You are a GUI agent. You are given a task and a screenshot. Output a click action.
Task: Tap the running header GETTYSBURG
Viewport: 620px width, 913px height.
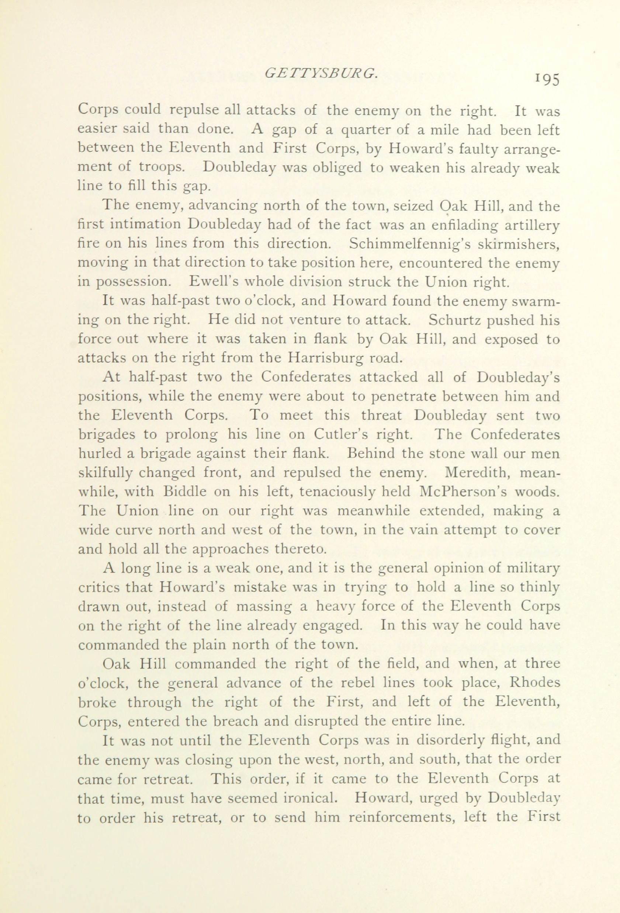321,73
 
